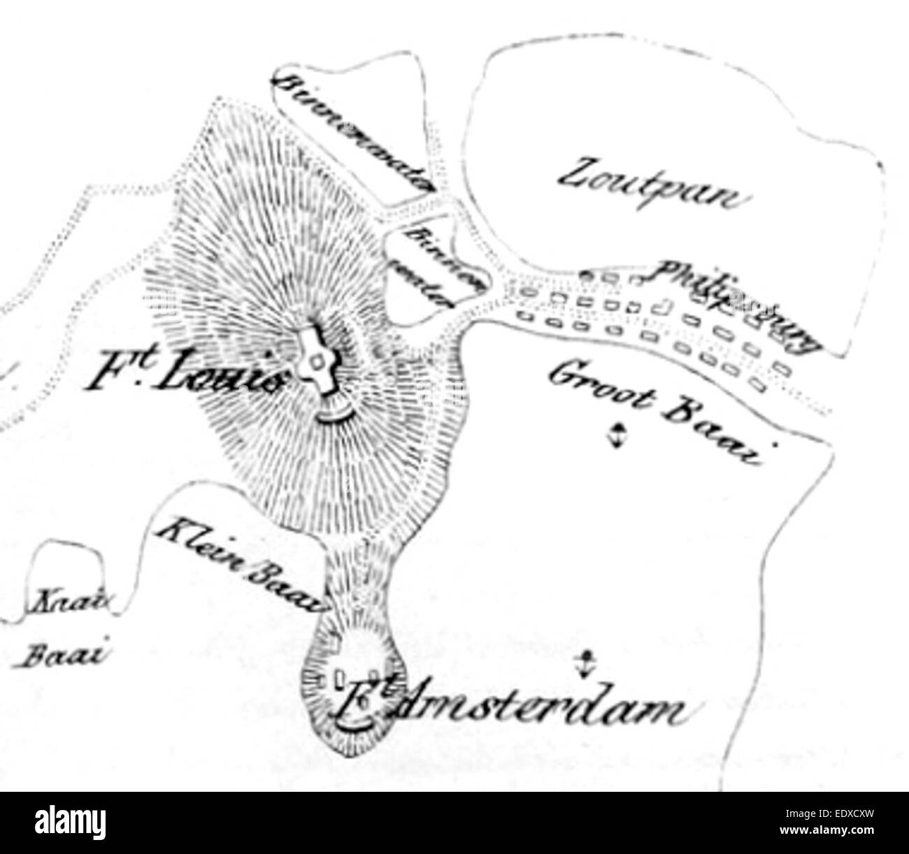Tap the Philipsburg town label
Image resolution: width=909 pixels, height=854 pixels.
click(x=734, y=304)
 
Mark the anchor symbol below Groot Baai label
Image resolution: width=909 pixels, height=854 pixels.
click(x=615, y=435)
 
